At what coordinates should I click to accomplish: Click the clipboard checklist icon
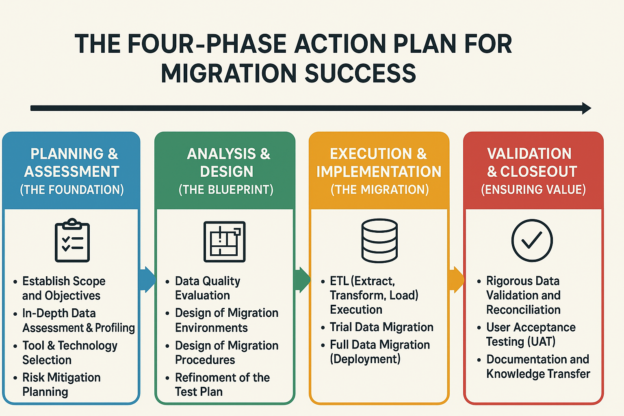tap(72, 240)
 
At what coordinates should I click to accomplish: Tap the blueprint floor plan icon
tap(224, 241)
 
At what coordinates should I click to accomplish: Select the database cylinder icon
tap(379, 240)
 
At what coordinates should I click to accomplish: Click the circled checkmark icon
tap(532, 240)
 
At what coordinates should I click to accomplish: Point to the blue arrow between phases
tap(147, 279)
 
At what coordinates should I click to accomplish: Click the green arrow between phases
tap(302, 279)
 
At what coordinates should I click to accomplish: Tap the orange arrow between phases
tap(456, 279)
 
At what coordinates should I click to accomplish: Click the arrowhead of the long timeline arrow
tap(586, 108)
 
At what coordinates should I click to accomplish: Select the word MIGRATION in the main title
tap(229, 74)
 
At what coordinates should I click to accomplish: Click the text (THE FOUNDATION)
tap(72, 190)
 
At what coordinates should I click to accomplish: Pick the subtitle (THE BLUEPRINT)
tap(226, 190)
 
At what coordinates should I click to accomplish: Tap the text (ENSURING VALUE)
tap(533, 190)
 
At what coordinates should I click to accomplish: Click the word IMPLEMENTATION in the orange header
tap(379, 172)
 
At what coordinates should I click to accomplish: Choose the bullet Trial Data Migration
tap(381, 327)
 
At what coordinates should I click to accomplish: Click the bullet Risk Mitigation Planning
tap(61, 384)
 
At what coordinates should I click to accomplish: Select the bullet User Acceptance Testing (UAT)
tap(531, 334)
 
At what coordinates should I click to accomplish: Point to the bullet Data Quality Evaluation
tap(207, 288)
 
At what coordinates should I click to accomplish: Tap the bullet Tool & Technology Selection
tap(69, 352)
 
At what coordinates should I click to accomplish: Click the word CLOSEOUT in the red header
tap(538, 172)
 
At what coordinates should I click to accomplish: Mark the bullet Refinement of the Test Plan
tap(222, 384)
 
